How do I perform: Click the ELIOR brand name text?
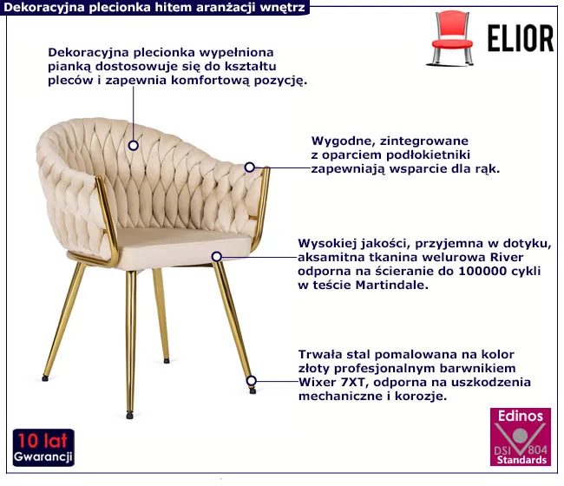(x=521, y=38)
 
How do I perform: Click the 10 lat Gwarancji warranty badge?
(x=43, y=448)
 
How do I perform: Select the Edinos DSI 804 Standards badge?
(x=521, y=437)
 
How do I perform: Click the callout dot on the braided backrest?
(x=134, y=145)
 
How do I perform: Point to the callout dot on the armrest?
(x=250, y=167)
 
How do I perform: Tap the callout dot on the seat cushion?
(x=217, y=257)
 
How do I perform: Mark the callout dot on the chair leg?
(x=252, y=381)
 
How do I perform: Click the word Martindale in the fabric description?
(x=392, y=286)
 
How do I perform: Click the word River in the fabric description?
(x=508, y=257)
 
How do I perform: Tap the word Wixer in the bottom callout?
(x=318, y=382)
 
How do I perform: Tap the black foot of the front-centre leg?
(x=129, y=416)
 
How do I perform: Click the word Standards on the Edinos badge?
(x=521, y=460)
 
